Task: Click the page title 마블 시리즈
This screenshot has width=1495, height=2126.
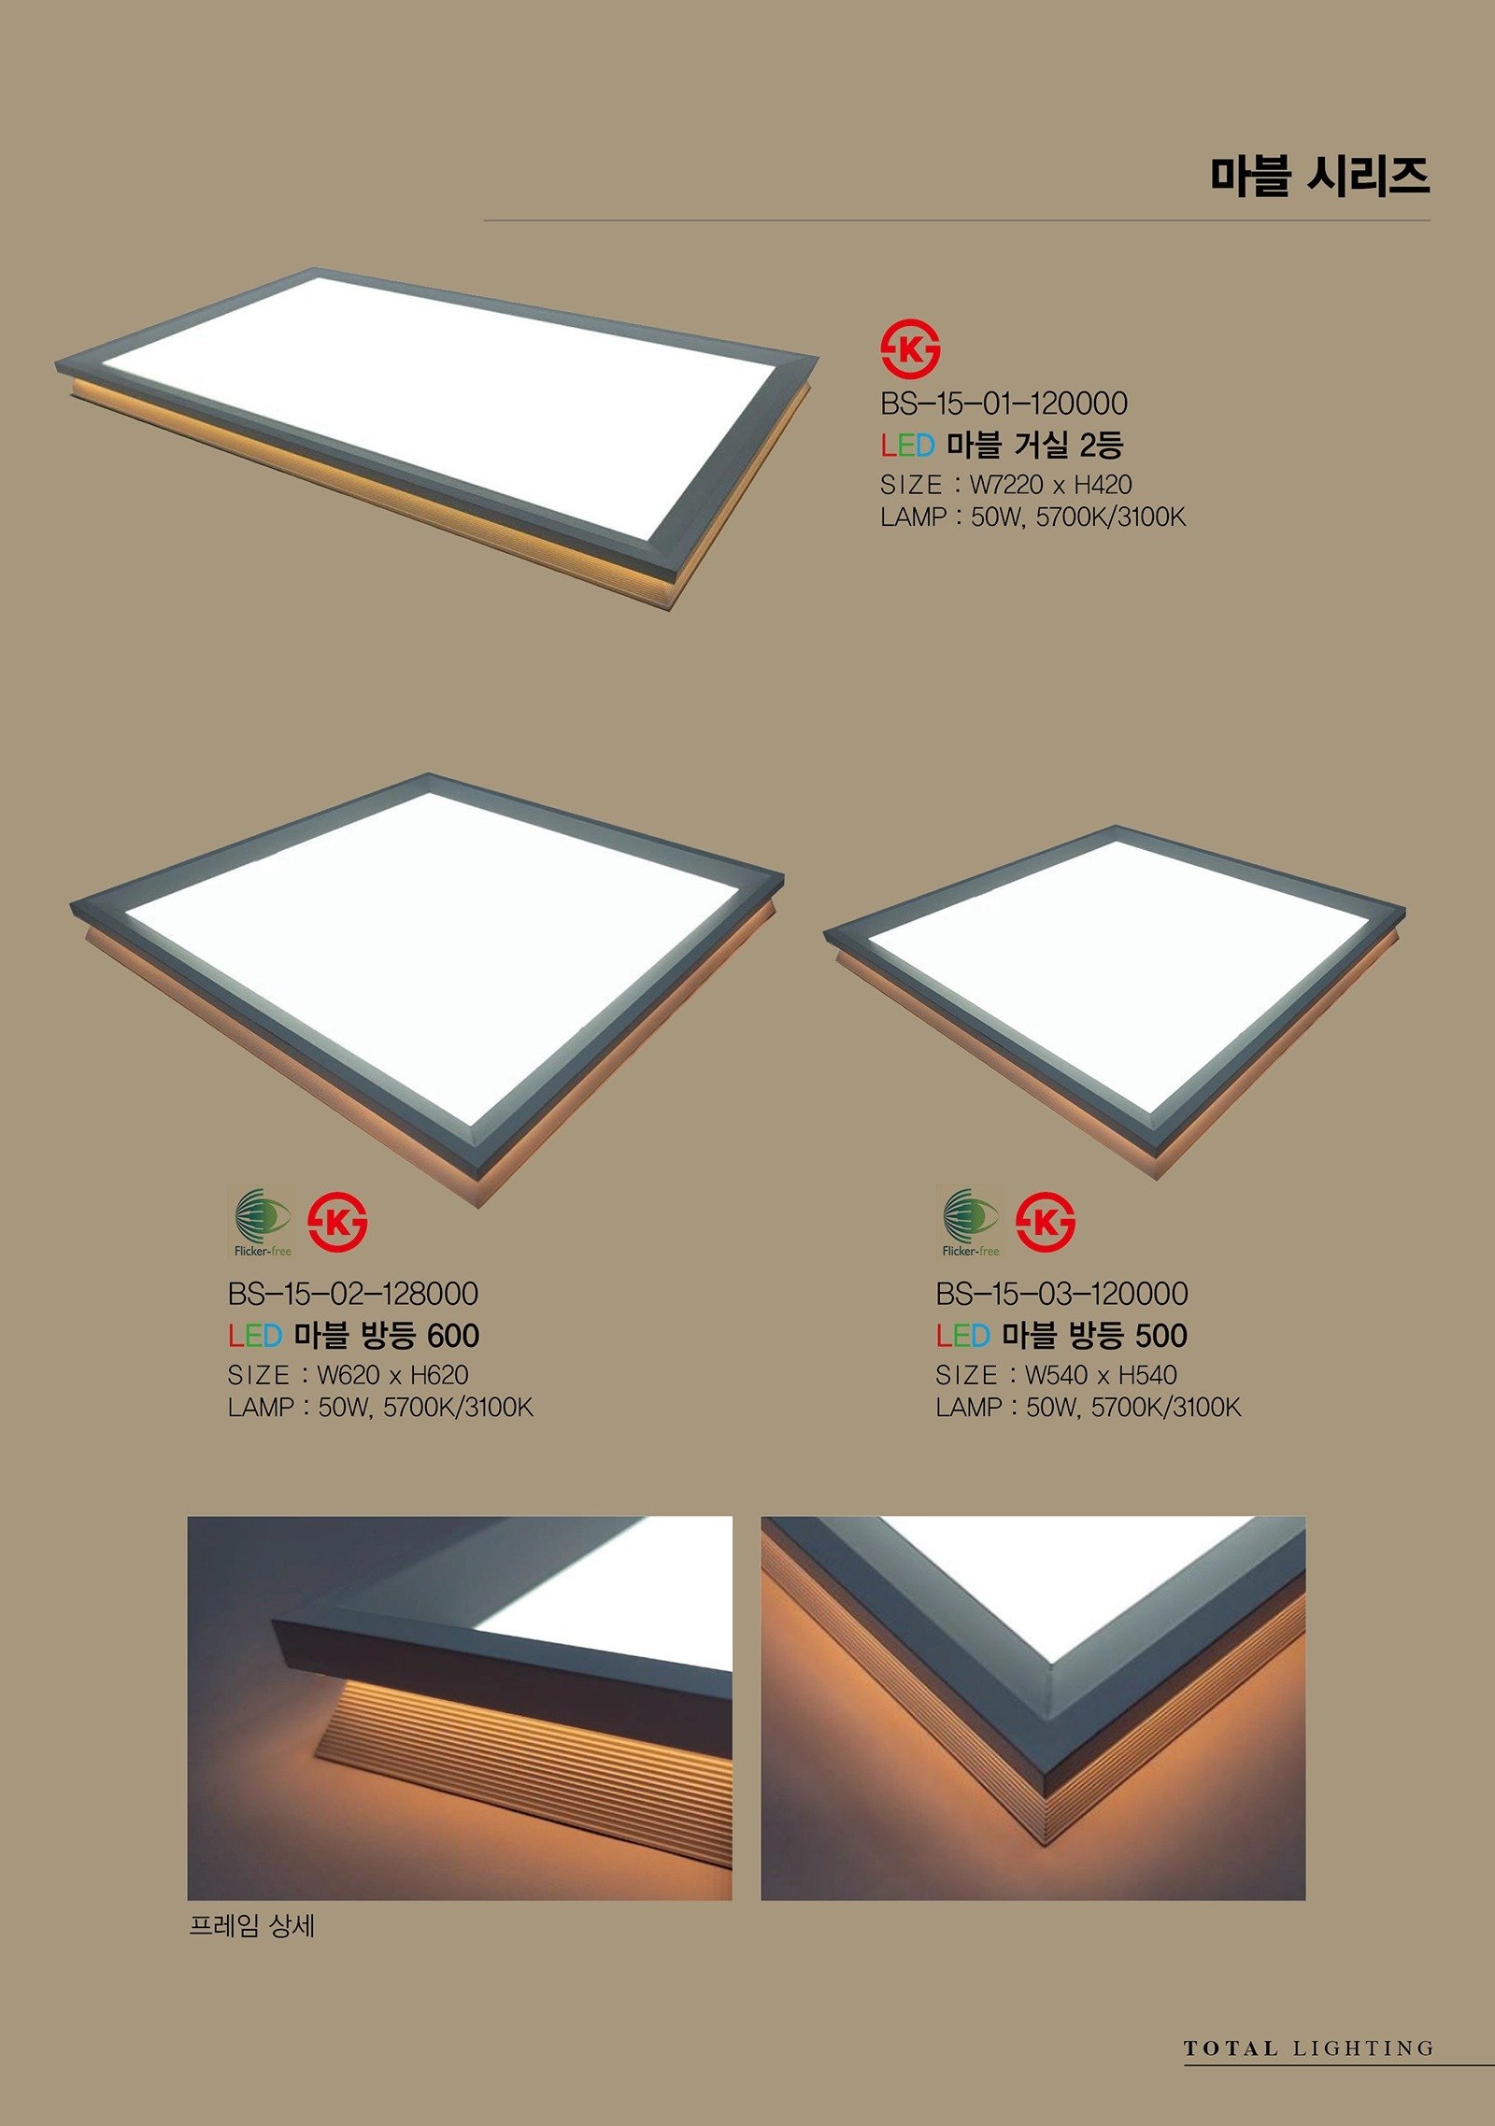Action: (x=1319, y=176)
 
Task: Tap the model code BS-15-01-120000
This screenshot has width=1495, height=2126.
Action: (x=1004, y=404)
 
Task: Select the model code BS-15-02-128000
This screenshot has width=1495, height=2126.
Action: (x=353, y=1294)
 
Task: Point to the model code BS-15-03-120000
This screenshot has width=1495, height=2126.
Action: (x=1061, y=1294)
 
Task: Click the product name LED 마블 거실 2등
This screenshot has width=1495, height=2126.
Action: (x=1002, y=445)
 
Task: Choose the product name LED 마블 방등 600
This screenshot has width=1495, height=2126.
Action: (x=353, y=1335)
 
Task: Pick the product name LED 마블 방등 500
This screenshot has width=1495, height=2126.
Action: (x=1061, y=1335)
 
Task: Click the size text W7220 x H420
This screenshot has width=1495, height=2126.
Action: (x=1051, y=485)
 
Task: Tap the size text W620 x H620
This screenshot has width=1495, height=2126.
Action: (x=392, y=1375)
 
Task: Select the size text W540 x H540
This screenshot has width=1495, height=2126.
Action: (x=1101, y=1375)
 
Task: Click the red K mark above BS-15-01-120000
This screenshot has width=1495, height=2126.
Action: (x=910, y=351)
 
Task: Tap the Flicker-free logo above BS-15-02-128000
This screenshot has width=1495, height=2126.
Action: (x=262, y=1222)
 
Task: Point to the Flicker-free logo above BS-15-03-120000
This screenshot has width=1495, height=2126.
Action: (x=970, y=1222)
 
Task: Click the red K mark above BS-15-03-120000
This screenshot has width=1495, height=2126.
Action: (x=1046, y=1222)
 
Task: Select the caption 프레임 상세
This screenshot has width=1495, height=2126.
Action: (x=251, y=1926)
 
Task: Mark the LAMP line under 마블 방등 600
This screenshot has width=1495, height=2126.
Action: (x=380, y=1408)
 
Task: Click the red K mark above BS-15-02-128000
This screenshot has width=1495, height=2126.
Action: (x=337, y=1222)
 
